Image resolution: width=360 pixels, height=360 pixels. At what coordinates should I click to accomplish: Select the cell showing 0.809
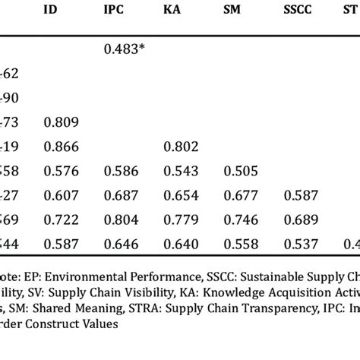60,122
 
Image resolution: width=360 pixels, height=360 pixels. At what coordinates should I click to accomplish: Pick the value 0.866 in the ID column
60,146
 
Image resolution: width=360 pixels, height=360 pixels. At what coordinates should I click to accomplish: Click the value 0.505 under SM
240,171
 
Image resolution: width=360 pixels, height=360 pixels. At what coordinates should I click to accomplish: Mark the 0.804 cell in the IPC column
120,219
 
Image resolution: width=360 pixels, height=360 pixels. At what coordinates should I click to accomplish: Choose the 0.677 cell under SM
240,195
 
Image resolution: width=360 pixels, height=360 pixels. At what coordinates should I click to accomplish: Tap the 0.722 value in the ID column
60,219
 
